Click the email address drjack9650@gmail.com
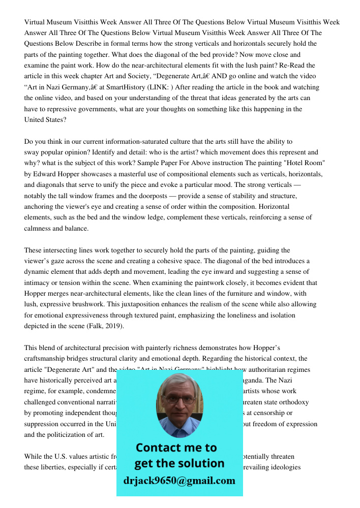coord(179,480)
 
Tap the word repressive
coord(61,109)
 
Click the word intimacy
coord(42,282)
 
